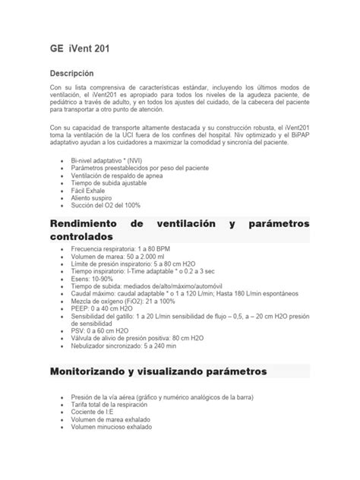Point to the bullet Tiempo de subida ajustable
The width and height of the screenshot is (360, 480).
click(x=106, y=183)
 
